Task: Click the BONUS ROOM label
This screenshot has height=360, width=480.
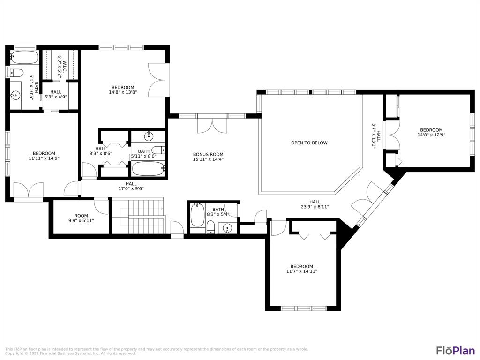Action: tap(208, 154)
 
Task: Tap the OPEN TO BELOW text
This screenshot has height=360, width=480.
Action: tap(309, 143)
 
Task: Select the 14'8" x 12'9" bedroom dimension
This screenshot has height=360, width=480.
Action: tap(431, 135)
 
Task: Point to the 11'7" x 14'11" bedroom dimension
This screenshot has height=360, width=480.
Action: tap(301, 271)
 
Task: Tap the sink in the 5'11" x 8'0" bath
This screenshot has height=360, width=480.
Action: tap(148, 137)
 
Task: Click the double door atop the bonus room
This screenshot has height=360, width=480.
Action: tap(212, 125)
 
